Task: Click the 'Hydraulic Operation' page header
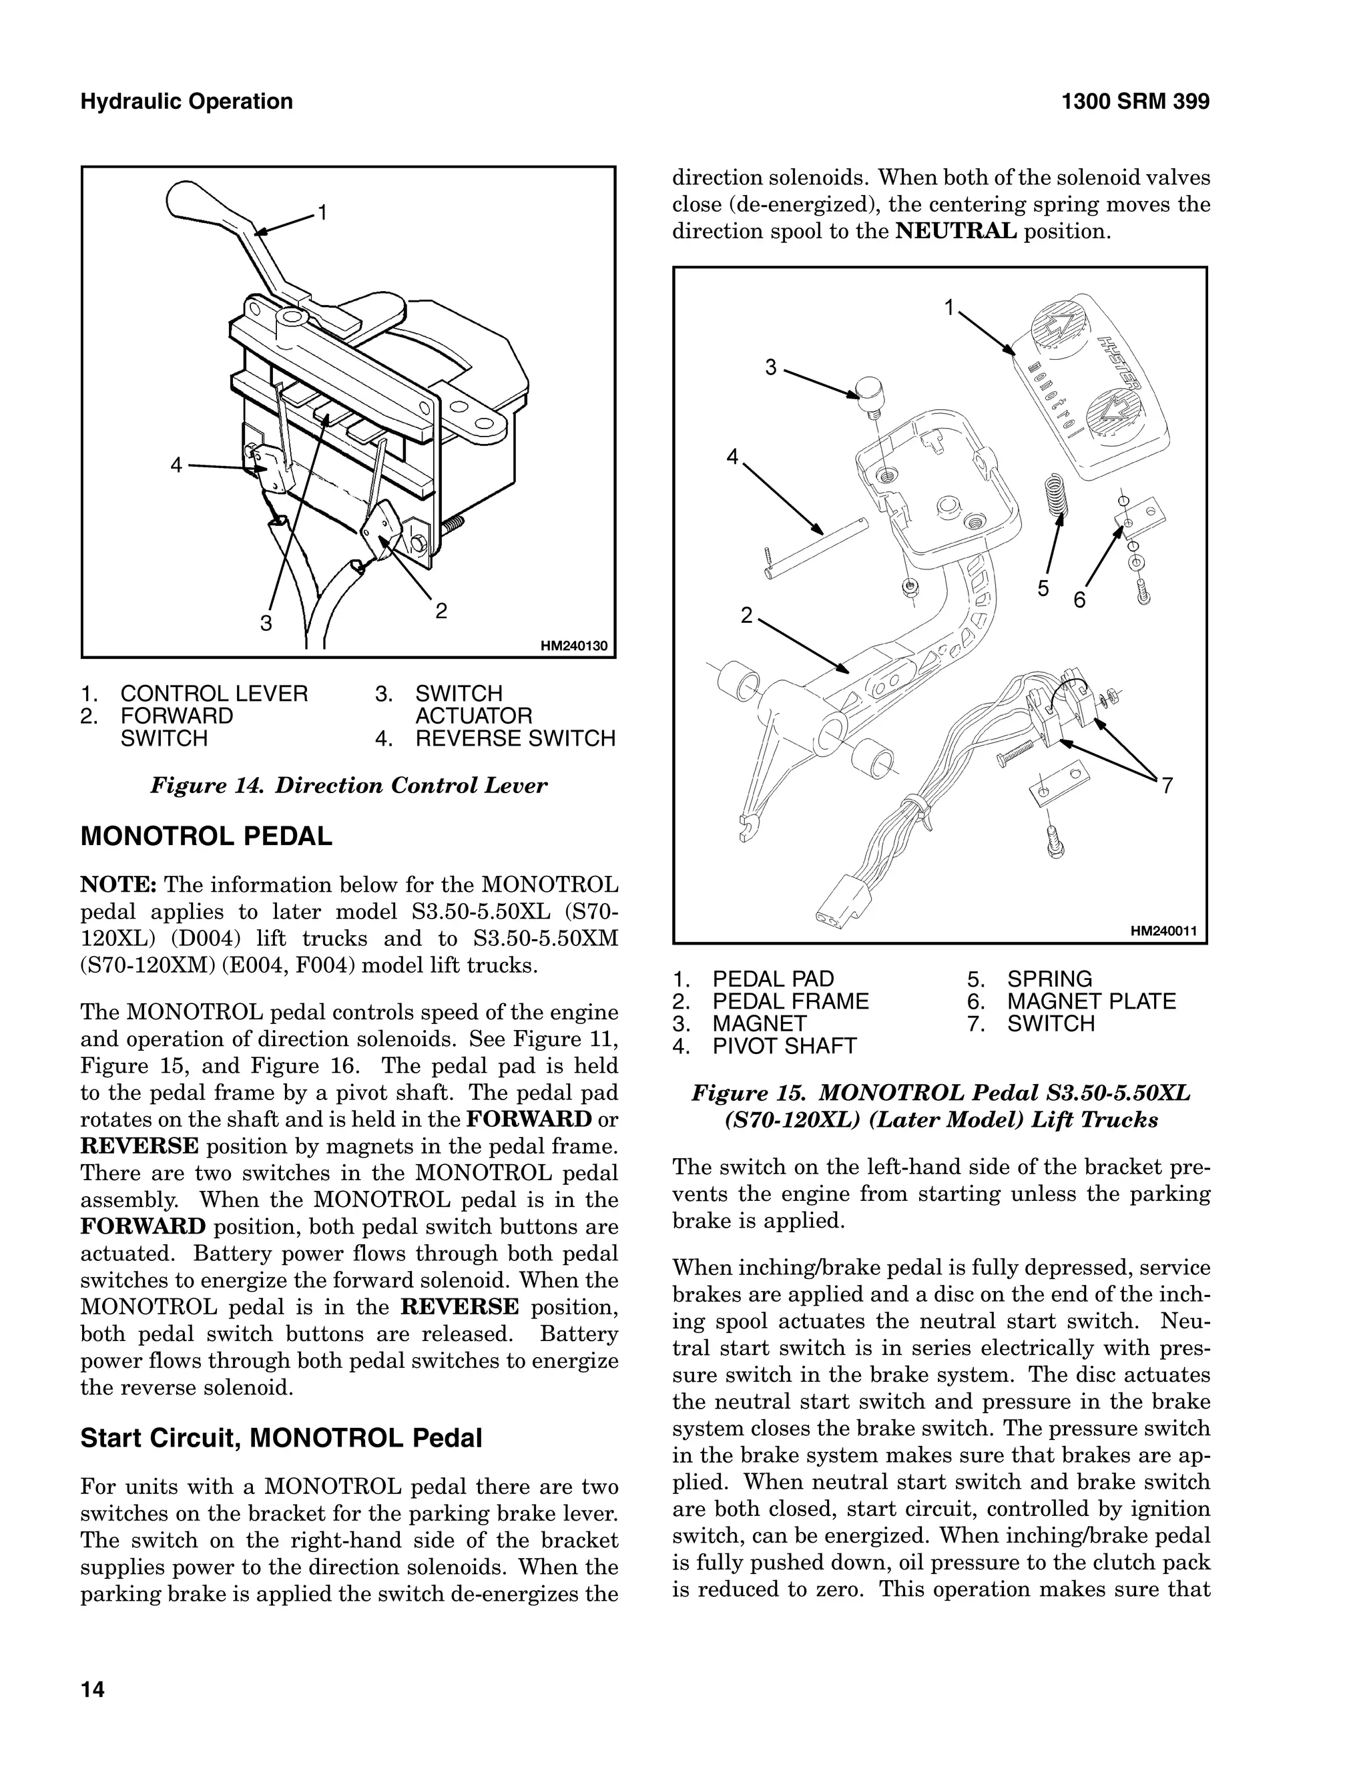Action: tap(186, 101)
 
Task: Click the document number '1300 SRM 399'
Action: tap(1135, 101)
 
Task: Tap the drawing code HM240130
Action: tap(573, 646)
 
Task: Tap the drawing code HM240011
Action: tap(1163, 931)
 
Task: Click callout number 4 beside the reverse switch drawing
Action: tap(176, 465)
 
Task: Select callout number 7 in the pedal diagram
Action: tap(1167, 785)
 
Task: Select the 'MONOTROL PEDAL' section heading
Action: tap(206, 836)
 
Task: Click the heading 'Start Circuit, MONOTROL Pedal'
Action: tap(281, 1438)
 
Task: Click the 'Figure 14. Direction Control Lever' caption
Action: tap(348, 785)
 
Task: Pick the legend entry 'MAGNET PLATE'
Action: tap(1090, 1001)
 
